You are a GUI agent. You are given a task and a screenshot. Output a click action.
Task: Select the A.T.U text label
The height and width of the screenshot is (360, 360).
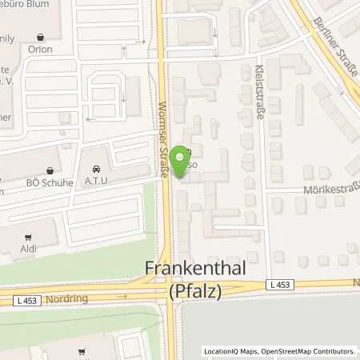tap(96, 181)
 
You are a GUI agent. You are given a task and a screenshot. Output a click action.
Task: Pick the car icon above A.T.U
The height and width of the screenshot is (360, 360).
tap(96, 170)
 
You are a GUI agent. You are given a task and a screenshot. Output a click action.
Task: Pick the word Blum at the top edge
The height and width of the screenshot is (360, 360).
tap(52, 3)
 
